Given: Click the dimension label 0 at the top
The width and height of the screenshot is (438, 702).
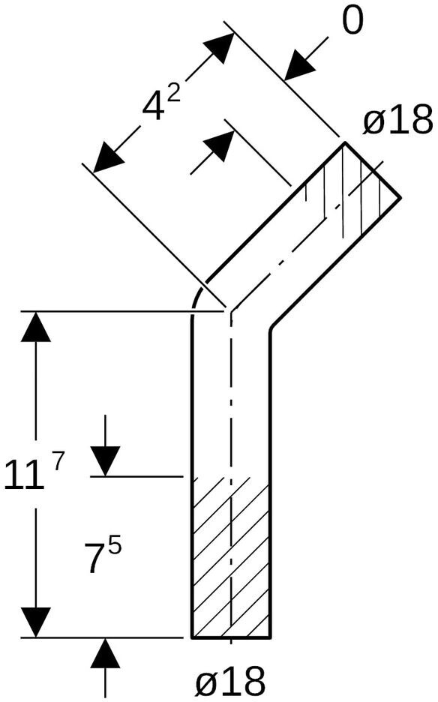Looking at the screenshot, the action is pos(352,21).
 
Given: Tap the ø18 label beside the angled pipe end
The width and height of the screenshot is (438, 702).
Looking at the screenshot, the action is pos(398,119).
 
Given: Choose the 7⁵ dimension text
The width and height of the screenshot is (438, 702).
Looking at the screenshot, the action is pos(103,556).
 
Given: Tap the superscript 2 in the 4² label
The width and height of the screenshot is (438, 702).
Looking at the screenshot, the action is pos(174,94).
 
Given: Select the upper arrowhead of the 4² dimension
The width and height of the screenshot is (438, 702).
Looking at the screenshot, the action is pos(219,47).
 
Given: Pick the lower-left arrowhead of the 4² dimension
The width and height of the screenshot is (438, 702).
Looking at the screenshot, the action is pos(108,157).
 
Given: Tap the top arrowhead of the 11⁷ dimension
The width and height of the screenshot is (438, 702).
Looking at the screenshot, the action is pos(36,327).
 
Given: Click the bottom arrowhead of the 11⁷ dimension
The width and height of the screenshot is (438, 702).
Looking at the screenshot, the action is pos(36,622).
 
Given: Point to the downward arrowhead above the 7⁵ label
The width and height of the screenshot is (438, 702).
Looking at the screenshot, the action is pos(105,461).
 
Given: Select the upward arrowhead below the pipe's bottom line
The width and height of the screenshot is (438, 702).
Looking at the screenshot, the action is pos(105,653).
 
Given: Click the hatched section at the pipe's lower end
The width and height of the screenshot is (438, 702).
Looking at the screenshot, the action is pos(231,556).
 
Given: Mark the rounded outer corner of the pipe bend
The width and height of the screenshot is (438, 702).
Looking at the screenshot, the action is pos(197,295).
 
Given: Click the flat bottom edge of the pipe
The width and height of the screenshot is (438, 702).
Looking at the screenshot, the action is pos(231,637).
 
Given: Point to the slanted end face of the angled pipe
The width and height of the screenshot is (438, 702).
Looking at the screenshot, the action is pos(373,169).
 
